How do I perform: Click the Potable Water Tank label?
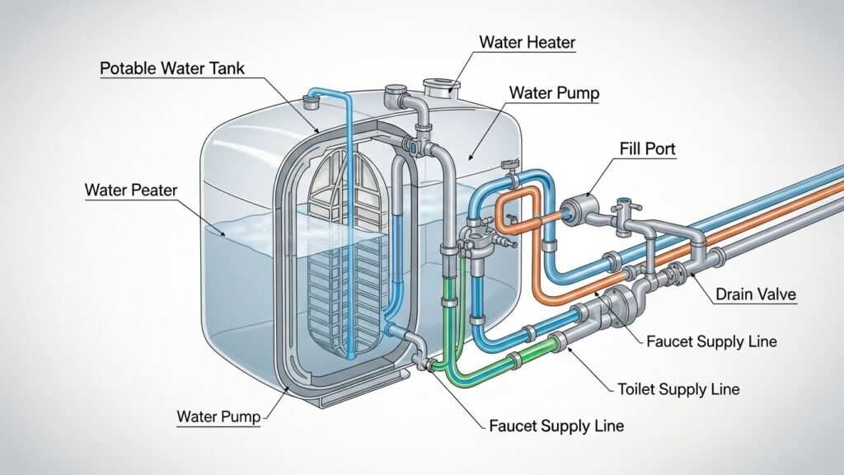point(171,68)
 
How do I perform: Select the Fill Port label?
point(647,149)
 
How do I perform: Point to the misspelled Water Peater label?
point(130,190)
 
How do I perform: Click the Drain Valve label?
point(755,294)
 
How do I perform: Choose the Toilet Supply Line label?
point(678,388)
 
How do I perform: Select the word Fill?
point(631,149)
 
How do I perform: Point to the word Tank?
point(226,68)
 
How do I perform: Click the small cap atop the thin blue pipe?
point(311,102)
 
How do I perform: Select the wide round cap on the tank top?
point(439,85)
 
